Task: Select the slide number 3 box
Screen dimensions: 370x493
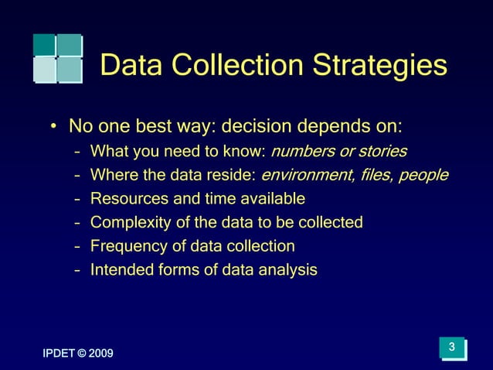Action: pyautogui.click(x=453, y=348)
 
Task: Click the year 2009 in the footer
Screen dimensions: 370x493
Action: pyautogui.click(x=100, y=354)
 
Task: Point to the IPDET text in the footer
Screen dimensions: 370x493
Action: pyautogui.click(x=58, y=354)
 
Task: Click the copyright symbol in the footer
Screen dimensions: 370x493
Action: pyautogui.click(x=82, y=354)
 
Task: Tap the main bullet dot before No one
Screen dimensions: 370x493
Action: pyautogui.click(x=53, y=126)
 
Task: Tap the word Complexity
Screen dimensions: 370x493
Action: pyautogui.click(x=128, y=223)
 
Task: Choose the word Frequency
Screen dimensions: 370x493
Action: pyautogui.click(x=126, y=247)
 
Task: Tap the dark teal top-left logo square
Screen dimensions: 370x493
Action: pyautogui.click(x=45, y=44)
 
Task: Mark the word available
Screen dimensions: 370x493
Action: pyautogui.click(x=267, y=199)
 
